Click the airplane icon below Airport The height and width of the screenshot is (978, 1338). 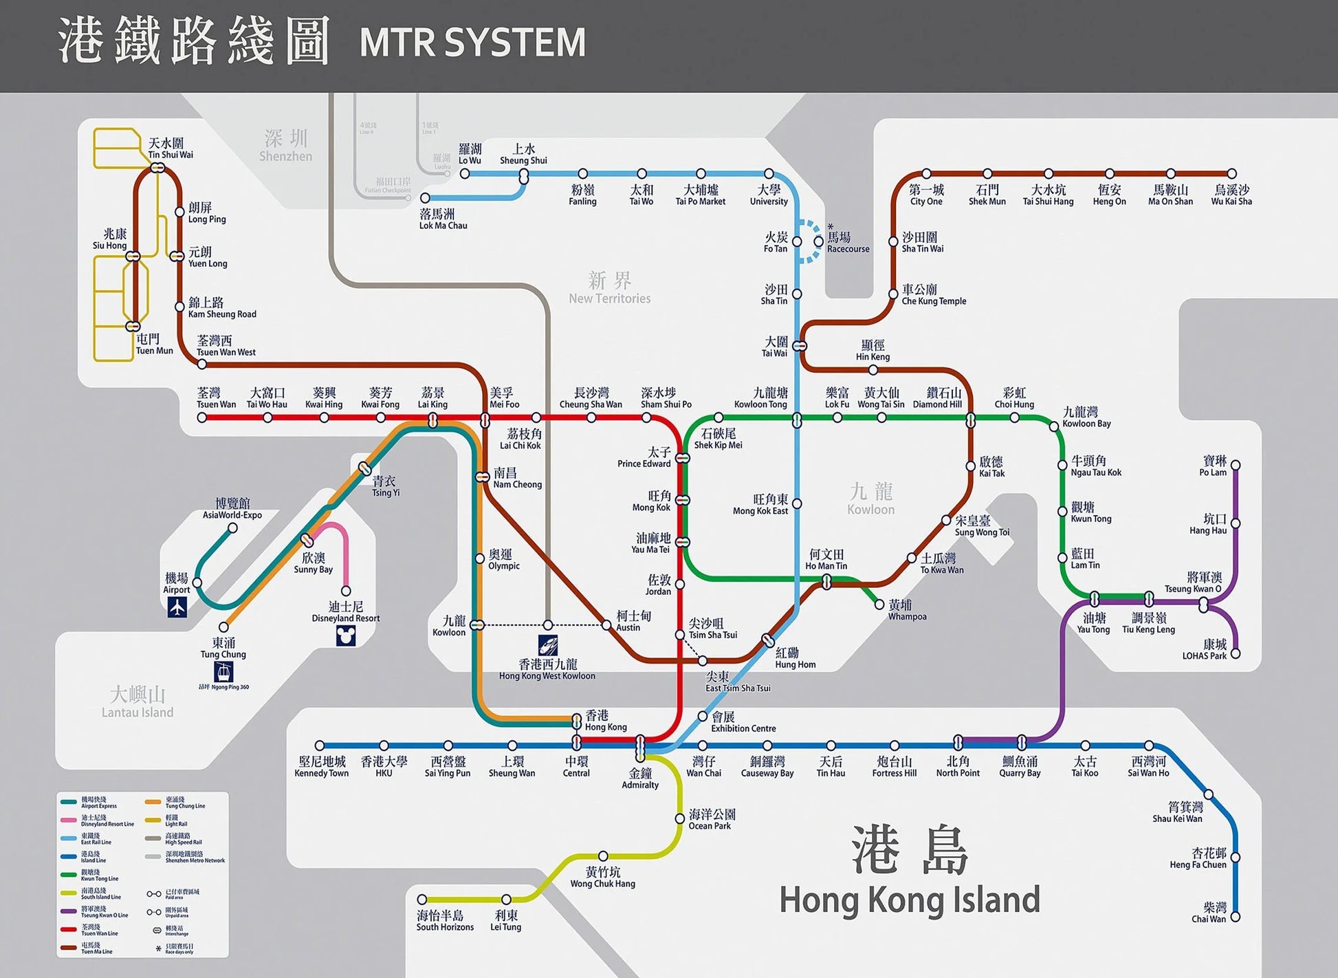point(177,607)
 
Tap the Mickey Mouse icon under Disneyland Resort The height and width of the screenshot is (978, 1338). point(346,635)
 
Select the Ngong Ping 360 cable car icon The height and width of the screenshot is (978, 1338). point(223,671)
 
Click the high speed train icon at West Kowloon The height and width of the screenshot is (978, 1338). point(548,645)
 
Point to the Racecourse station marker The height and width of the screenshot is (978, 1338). point(818,241)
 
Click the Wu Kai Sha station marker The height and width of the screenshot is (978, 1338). point(1231,174)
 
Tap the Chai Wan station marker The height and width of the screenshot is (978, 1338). point(1235,917)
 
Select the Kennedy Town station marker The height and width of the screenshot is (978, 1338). point(320,746)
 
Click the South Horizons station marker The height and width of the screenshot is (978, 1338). point(422,900)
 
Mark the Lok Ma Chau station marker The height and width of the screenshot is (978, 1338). point(425,198)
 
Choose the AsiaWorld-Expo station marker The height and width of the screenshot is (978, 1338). point(232,528)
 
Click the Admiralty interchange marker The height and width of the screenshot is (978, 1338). point(640,746)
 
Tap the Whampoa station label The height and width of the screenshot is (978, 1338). point(906,610)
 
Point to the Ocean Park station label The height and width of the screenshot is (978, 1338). point(712,819)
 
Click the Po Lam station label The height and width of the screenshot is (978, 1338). point(1214,466)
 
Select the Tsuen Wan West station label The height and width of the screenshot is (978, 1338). point(226,346)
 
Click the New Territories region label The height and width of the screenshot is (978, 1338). point(609,288)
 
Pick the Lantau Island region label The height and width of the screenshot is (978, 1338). point(138,702)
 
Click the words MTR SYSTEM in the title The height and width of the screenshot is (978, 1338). point(472,43)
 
